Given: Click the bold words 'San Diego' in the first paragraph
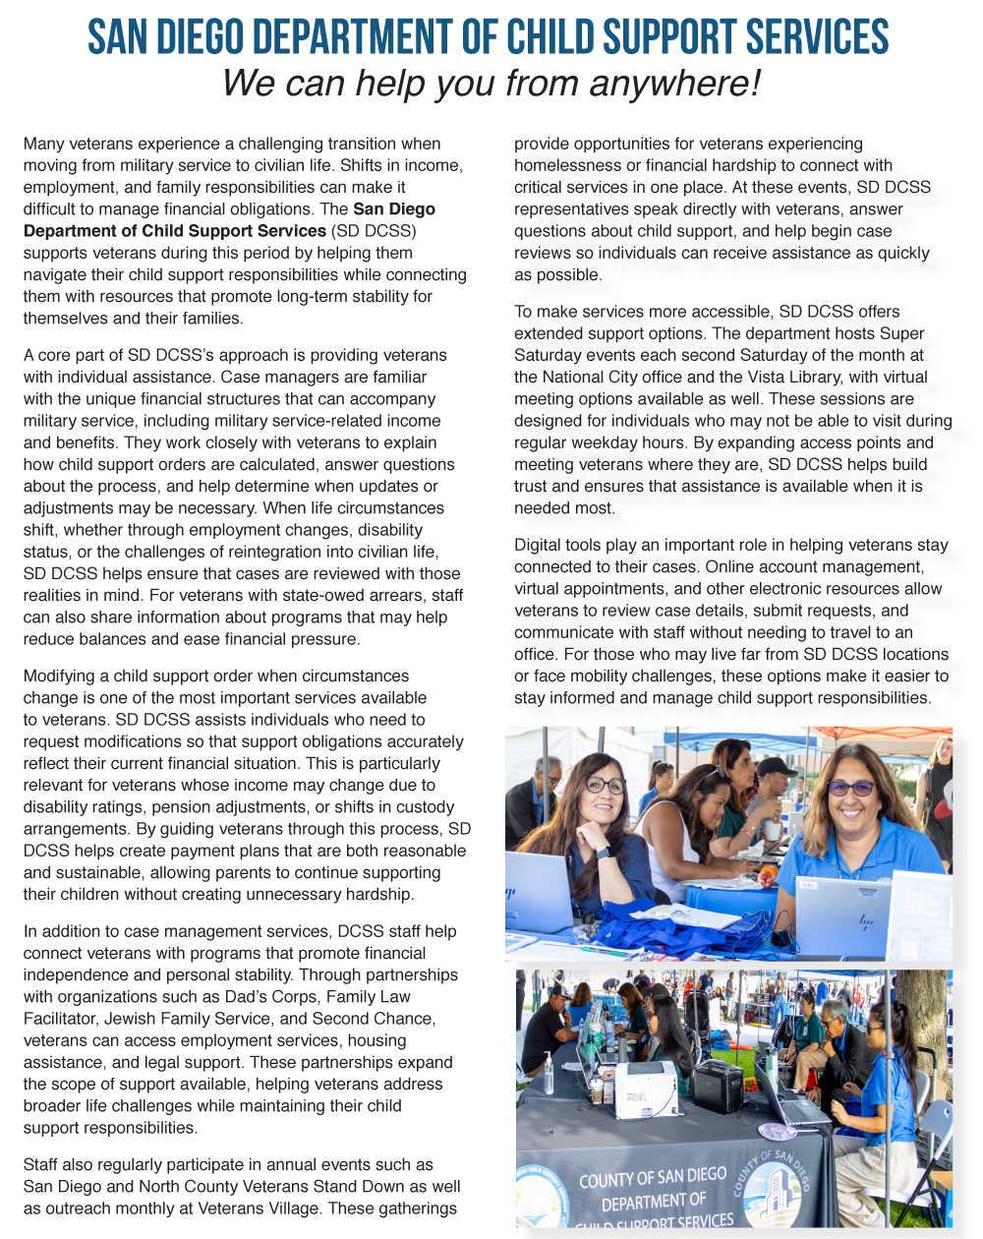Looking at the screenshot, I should click(x=394, y=209).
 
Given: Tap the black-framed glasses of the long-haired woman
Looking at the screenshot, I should click(x=605, y=785).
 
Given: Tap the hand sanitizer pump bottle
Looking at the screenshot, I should click(x=549, y=1074).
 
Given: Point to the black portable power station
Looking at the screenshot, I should click(x=717, y=1085).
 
